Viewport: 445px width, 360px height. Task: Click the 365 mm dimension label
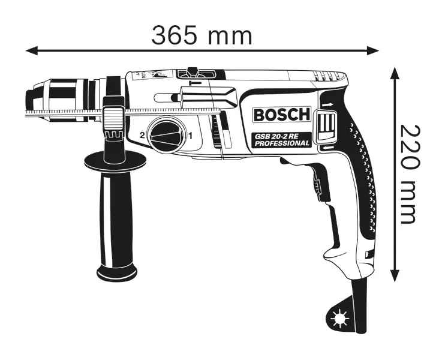coord(202,35)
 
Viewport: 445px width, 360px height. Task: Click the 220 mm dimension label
coord(408,174)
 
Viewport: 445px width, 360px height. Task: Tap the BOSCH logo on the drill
coord(282,115)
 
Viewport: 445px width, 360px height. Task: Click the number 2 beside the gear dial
coord(143,136)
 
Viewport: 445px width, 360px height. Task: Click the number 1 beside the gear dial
coord(191,136)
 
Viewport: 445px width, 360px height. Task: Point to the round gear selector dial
coord(167,135)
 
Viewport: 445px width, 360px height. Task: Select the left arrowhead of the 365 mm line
coord(31,51)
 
